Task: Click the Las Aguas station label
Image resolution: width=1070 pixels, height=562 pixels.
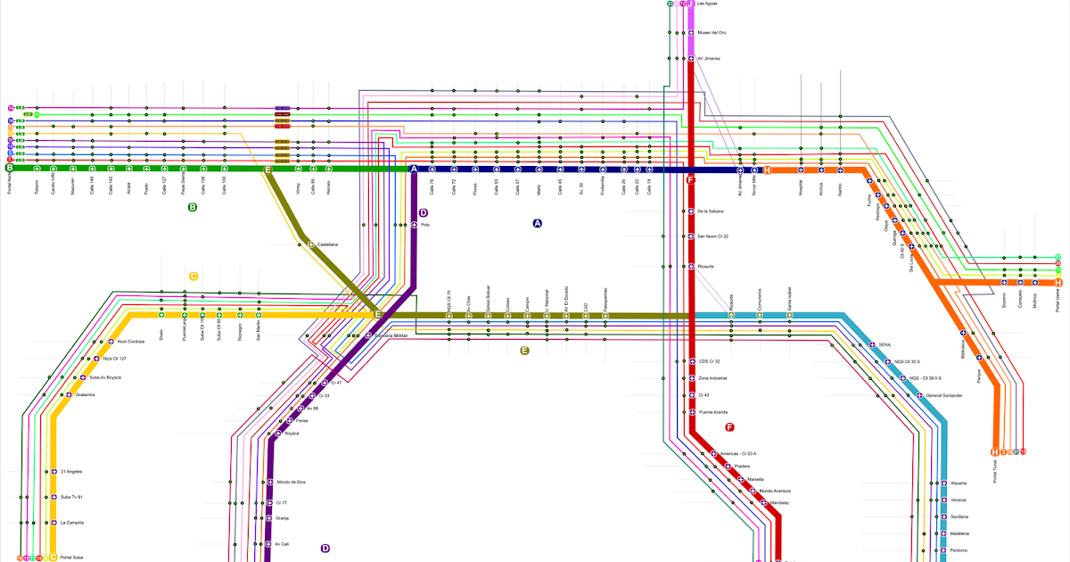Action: [707, 4]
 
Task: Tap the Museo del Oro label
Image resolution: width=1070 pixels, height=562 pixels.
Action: [712, 33]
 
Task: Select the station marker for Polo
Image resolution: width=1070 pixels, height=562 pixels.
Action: [415, 225]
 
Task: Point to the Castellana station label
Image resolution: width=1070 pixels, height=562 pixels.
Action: [328, 244]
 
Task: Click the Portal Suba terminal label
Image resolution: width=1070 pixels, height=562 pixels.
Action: [71, 558]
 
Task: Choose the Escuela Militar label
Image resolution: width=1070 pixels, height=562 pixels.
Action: [391, 335]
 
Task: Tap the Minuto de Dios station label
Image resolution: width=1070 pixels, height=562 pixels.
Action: [292, 482]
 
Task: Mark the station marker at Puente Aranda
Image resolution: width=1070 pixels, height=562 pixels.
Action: [691, 412]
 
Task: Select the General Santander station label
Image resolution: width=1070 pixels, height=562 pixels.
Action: [944, 395]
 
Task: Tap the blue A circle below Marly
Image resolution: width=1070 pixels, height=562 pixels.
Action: [537, 224]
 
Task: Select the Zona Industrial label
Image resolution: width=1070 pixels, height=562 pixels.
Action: [713, 378]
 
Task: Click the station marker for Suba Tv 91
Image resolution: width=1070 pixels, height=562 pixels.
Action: [53, 497]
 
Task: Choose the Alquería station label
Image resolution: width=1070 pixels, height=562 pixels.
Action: [959, 483]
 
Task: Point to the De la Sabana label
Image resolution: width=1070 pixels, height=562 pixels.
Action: [711, 211]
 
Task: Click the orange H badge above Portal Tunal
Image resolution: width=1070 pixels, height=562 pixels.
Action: [995, 452]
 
